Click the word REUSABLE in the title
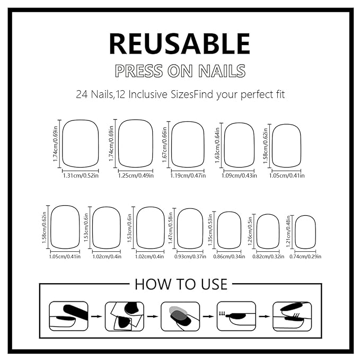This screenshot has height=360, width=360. (180, 43)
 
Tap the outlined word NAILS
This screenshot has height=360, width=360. (222, 71)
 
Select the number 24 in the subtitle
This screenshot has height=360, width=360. (82, 94)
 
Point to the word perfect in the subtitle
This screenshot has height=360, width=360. (254, 94)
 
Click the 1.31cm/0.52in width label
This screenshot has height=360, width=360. (81, 175)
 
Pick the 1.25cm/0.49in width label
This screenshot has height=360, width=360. (136, 175)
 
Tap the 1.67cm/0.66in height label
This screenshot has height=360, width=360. (164, 145)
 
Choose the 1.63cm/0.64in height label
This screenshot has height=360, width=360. (217, 145)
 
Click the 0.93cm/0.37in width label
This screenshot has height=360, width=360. (190, 257)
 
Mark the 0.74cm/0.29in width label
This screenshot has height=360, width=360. (305, 257)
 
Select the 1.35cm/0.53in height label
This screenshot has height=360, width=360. (210, 230)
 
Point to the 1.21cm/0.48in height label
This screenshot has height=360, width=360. (288, 231)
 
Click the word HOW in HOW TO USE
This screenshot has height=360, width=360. (148, 284)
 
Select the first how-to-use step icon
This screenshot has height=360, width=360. (68, 316)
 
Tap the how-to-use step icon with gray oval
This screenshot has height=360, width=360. (180, 316)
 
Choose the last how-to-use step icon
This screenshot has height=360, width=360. (292, 316)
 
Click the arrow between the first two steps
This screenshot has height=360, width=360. (96, 317)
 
